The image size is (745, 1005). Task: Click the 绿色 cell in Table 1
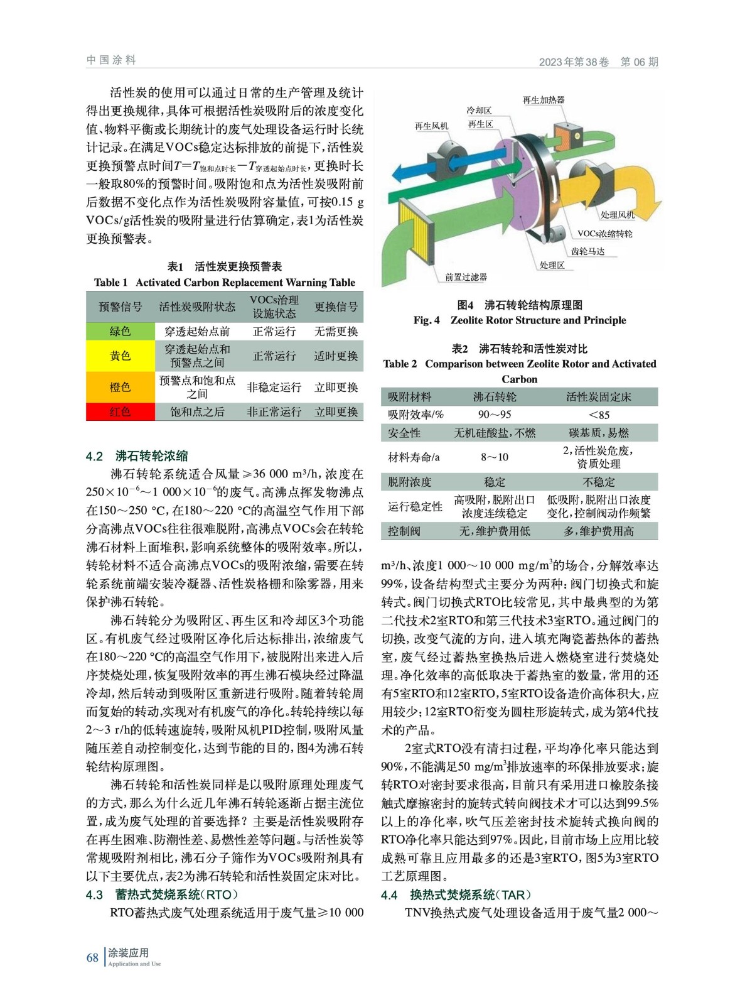(x=120, y=331)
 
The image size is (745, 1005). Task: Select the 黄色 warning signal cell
(x=120, y=356)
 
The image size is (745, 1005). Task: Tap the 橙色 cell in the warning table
(x=120, y=387)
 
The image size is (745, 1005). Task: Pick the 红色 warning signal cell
(x=120, y=411)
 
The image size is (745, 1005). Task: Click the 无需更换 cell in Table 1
(x=336, y=331)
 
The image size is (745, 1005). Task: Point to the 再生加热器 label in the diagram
(x=544, y=100)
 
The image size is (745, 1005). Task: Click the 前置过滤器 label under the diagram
(x=466, y=277)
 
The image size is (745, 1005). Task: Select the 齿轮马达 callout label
(x=587, y=251)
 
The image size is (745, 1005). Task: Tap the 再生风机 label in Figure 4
(x=431, y=126)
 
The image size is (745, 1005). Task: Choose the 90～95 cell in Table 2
(x=495, y=415)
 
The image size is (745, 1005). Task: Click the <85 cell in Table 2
(x=599, y=415)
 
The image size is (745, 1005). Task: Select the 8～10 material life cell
(x=495, y=457)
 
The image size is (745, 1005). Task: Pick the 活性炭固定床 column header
(x=599, y=397)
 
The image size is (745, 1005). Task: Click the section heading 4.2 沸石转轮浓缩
(x=137, y=456)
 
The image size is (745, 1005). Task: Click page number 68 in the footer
(x=92, y=957)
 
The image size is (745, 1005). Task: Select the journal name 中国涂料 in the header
(x=111, y=60)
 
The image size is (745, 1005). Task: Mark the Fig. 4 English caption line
(x=520, y=320)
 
